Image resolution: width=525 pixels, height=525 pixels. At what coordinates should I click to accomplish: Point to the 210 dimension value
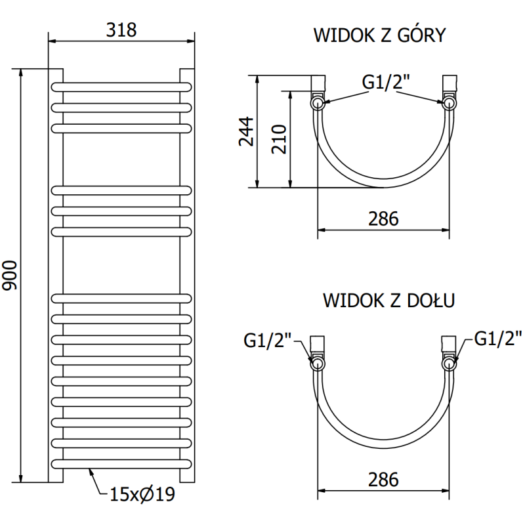click(x=280, y=138)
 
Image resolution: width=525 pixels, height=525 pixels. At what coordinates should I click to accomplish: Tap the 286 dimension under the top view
click(x=383, y=219)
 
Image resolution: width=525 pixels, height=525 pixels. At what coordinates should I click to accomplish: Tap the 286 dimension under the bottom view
click(x=383, y=480)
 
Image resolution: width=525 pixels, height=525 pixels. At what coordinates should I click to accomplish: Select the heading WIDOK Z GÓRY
click(x=379, y=35)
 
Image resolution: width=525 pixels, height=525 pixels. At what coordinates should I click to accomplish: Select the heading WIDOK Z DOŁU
click(x=389, y=301)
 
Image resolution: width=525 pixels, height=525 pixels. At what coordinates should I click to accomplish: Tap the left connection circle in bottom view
click(x=318, y=363)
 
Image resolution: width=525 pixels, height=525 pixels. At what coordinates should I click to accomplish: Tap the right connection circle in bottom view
click(x=450, y=363)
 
